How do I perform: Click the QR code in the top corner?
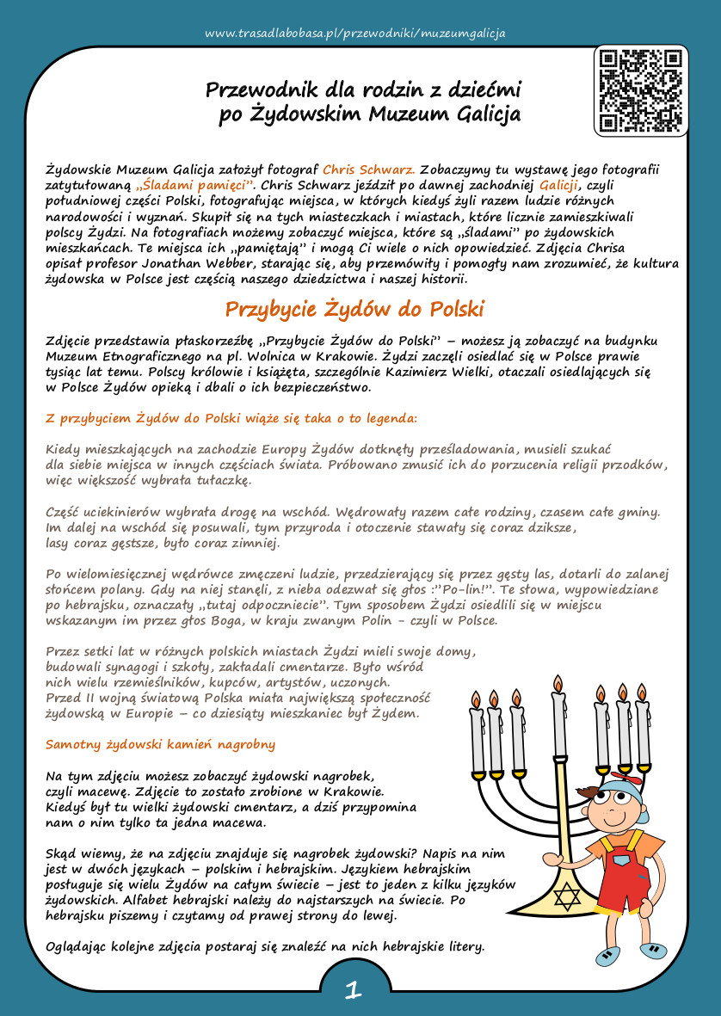click(641, 90)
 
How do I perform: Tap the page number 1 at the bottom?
click(352, 990)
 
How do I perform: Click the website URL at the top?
click(355, 34)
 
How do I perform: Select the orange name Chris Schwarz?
click(369, 169)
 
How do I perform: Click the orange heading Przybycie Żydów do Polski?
click(354, 309)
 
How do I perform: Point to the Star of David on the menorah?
click(565, 898)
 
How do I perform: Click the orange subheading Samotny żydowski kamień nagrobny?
click(161, 743)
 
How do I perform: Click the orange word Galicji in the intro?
click(559, 185)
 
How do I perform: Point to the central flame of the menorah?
click(558, 685)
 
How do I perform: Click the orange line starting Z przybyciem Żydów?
click(231, 418)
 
